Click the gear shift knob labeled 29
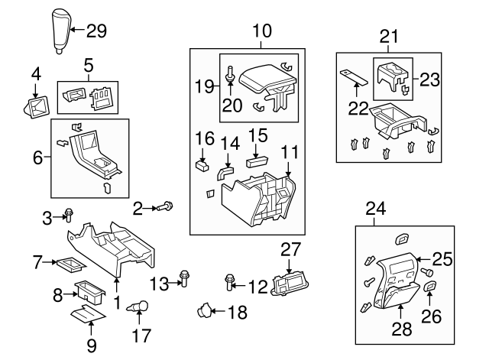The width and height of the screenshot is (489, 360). (58, 31)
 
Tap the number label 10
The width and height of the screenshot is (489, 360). (261, 31)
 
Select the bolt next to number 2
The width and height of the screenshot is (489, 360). (167, 206)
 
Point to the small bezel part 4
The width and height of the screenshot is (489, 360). (34, 106)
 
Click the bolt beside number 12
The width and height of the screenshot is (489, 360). (230, 284)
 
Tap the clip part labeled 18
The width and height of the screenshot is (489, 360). (204, 310)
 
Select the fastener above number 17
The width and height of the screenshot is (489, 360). (138, 306)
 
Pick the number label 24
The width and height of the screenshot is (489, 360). (374, 208)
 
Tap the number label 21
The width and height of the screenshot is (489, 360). (390, 37)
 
